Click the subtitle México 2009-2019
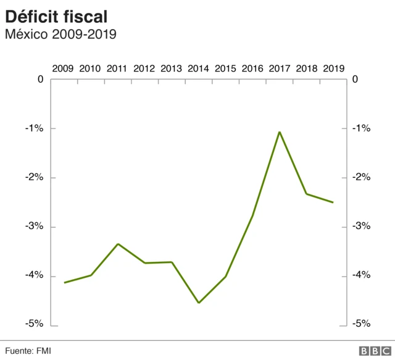60,35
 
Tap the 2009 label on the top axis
64,69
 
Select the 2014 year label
199,69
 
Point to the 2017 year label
280,69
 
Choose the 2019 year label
333,69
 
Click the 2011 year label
117,69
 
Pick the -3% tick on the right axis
360,227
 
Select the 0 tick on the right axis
354,79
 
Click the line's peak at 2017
280,132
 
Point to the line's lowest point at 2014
199,303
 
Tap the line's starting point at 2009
64,283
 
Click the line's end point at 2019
333,202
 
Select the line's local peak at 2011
118,244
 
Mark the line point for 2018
307,194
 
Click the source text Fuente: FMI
28,351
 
